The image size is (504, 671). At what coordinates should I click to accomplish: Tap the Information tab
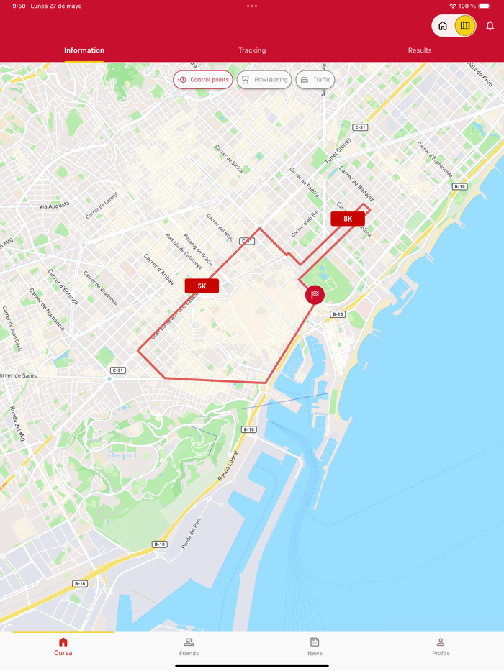tap(84, 50)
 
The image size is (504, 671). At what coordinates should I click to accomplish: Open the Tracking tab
tap(252, 50)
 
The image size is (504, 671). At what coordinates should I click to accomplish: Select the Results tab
tap(420, 50)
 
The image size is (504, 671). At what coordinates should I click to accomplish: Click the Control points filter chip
tap(203, 80)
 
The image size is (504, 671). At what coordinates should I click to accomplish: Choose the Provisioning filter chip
tap(264, 80)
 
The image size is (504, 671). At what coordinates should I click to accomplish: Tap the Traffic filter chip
tap(315, 80)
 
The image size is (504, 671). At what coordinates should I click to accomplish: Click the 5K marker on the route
tap(202, 286)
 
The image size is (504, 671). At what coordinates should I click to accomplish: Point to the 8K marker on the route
tap(348, 219)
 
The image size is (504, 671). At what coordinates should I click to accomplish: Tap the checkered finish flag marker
tap(315, 295)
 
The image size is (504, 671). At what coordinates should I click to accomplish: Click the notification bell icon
tap(490, 26)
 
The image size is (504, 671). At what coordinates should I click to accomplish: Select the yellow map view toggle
tap(465, 26)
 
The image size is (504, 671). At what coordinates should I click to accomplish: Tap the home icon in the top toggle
tap(443, 26)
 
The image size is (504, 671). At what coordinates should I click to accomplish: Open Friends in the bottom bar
tap(189, 647)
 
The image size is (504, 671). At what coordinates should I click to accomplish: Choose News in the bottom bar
tap(315, 647)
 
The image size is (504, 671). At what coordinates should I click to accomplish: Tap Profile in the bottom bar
tap(441, 647)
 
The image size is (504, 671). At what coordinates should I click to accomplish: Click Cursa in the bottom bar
tap(63, 647)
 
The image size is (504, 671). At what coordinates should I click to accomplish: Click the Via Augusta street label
tap(55, 205)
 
